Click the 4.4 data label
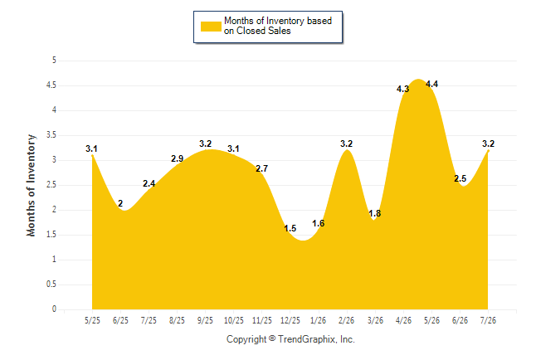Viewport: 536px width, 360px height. click(431, 84)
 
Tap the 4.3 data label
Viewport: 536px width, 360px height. click(402, 90)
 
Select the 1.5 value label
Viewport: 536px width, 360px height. click(290, 228)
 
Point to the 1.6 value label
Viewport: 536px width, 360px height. click(319, 224)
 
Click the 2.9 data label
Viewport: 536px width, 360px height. click(177, 158)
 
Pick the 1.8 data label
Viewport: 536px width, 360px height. click(375, 214)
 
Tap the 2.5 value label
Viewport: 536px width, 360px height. click(460, 178)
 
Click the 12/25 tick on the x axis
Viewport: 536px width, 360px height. click(290, 321)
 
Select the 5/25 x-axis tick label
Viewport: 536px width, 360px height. click(92, 321)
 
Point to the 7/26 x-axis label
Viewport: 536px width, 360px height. click(488, 321)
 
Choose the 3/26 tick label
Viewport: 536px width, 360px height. click(375, 321)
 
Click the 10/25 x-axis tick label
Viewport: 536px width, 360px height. click(234, 321)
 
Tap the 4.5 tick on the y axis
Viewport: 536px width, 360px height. click(51, 85)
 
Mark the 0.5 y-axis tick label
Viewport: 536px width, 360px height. click(51, 285)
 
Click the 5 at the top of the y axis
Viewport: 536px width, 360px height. click(54, 61)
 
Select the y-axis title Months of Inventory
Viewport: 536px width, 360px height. click(31, 185)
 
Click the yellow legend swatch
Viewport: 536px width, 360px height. click(211, 27)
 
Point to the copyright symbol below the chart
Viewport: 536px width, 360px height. click(272, 338)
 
